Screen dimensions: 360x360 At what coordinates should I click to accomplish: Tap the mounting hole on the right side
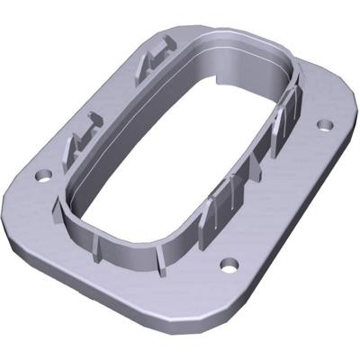(x=325, y=123)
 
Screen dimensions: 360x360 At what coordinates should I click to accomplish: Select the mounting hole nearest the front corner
(x=229, y=265)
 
